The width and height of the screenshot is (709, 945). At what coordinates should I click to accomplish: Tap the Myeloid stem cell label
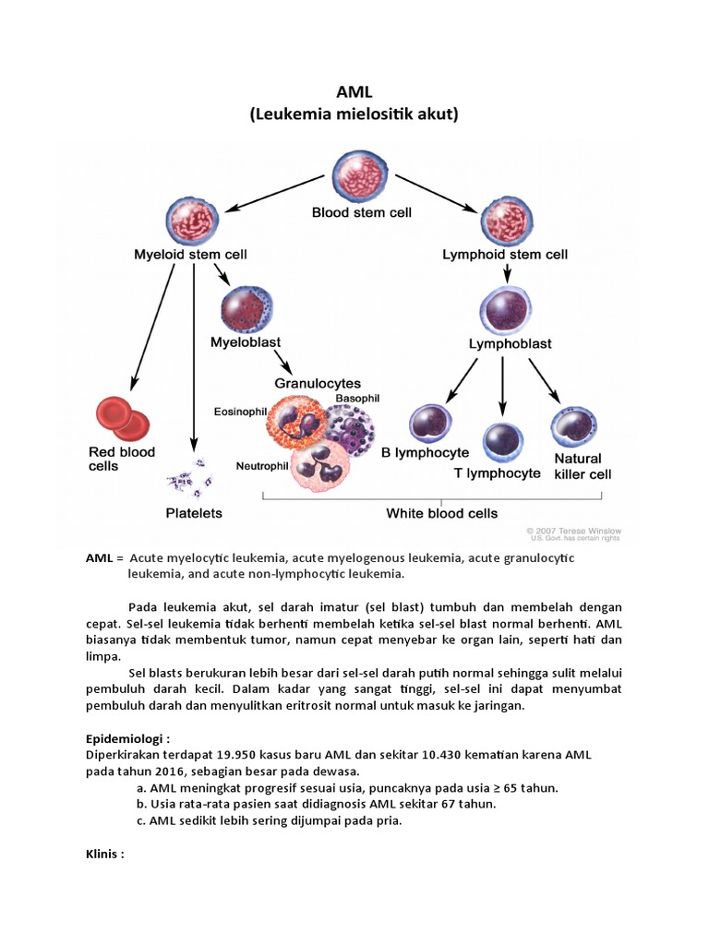191,254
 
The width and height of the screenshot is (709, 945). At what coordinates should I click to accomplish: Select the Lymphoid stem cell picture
504,220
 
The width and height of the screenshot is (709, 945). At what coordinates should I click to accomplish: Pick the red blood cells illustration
122,418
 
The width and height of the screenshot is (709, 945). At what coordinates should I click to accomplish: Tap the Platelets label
193,511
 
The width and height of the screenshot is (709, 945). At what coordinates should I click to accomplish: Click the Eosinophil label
241,411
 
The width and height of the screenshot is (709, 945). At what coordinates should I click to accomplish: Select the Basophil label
357,398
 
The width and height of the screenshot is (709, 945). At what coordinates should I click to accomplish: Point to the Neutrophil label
261,465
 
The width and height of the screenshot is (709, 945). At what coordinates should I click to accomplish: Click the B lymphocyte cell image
429,424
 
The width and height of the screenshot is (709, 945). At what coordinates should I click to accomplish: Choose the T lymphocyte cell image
503,442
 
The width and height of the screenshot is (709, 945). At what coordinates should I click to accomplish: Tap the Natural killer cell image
572,427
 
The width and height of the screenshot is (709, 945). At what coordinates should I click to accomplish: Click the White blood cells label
441,513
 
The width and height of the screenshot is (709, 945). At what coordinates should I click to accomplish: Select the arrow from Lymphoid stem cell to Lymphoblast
506,272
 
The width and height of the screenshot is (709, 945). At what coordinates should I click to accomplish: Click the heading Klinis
104,854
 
